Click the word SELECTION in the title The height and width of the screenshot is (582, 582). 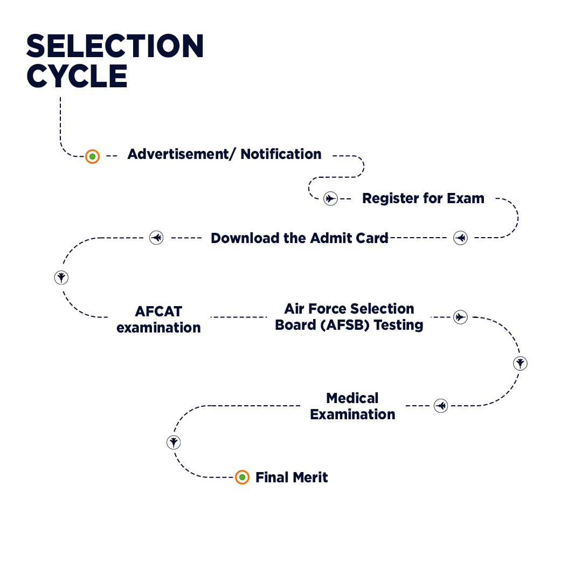coord(115,46)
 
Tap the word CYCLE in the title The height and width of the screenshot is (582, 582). coord(77,77)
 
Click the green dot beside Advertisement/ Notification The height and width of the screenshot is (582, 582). coord(93,156)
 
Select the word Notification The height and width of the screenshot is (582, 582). coord(281,154)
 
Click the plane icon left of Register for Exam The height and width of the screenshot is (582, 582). coord(330,198)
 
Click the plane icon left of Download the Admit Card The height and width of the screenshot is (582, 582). coord(156,237)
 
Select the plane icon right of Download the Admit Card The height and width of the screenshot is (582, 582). coord(460,238)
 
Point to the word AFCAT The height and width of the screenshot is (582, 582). coord(158,311)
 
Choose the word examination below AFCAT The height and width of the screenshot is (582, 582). coord(158,328)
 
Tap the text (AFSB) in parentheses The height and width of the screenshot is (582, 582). coord(345,325)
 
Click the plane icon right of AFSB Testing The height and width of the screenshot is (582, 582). coord(460,317)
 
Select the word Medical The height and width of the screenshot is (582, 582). coord(352,398)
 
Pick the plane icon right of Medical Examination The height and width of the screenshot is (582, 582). coord(441,405)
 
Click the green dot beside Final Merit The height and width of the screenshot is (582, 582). coord(242,477)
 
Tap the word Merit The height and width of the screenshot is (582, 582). coord(309,477)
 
